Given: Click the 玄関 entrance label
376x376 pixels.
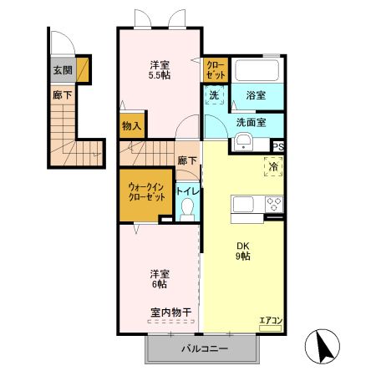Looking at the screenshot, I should [62, 70].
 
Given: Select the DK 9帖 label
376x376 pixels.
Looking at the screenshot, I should [242, 251].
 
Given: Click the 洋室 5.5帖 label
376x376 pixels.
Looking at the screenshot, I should [160, 70].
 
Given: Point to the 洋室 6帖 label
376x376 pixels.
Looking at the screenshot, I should [159, 279].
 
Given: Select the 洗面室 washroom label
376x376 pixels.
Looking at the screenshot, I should [251, 122].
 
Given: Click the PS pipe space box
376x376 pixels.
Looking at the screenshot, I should [277, 147].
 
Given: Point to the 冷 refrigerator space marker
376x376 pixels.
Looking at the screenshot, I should [273, 166].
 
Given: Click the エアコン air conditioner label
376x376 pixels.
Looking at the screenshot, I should [271, 321].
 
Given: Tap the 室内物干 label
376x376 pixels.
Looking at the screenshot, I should [171, 312].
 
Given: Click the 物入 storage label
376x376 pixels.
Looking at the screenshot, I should [131, 126].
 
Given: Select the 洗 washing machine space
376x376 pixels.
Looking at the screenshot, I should [213, 96].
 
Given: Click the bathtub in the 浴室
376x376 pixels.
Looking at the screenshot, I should [258, 69].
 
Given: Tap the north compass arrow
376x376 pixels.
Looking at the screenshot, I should [324, 345].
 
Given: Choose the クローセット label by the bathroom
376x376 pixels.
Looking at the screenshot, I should [215, 69].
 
